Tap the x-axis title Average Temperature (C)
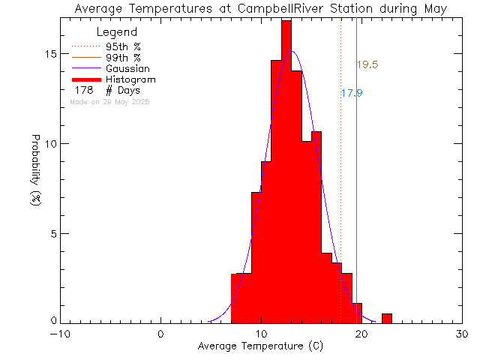tap(261, 346)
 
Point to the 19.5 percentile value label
tap(367, 65)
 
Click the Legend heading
tap(118, 32)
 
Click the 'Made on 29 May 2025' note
tap(109, 101)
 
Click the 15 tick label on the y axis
tap(49, 54)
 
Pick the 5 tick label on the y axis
tap(52, 233)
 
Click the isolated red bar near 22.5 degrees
tap(386, 319)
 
